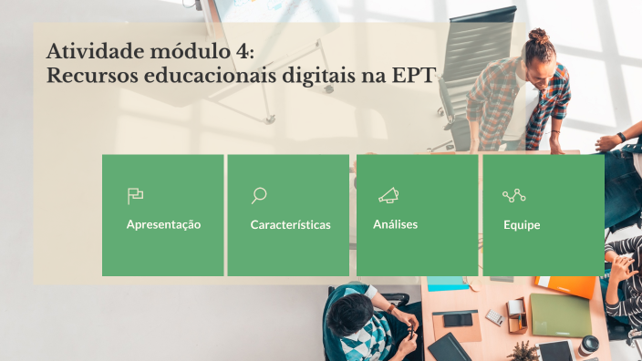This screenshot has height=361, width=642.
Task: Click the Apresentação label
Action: [163, 224]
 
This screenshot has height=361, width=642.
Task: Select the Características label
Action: [290, 224]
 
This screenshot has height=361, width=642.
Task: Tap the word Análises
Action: [395, 224]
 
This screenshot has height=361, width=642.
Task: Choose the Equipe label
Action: [522, 224]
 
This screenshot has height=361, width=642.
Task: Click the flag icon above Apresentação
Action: [135, 195]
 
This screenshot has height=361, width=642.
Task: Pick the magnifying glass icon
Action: [259, 195]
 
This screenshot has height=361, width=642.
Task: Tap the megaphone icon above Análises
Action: [388, 195]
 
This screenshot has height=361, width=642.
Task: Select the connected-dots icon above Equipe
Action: [514, 195]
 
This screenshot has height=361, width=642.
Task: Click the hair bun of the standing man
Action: [538, 37]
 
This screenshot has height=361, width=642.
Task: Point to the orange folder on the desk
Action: [570, 286]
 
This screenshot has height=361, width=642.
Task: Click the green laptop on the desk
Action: [560, 315]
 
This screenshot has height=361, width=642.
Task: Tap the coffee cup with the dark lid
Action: [589, 346]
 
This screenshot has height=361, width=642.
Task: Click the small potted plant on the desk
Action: [523, 350]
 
